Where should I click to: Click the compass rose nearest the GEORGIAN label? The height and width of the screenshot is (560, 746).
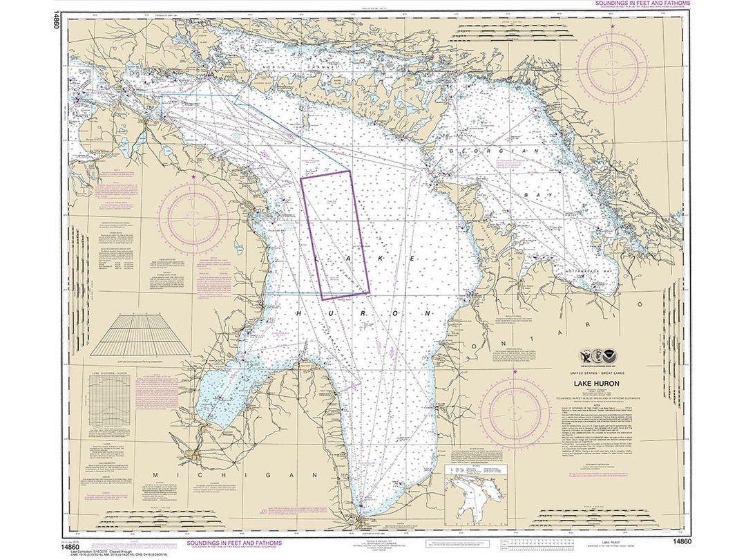coord(613,67)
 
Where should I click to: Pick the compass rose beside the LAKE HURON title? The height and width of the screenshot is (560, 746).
coord(515,413)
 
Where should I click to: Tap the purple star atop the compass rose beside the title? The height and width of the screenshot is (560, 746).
coord(515,372)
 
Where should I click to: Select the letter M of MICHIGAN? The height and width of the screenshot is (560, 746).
coord(155,476)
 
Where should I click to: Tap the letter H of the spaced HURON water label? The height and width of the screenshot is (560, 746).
coord(299,314)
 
